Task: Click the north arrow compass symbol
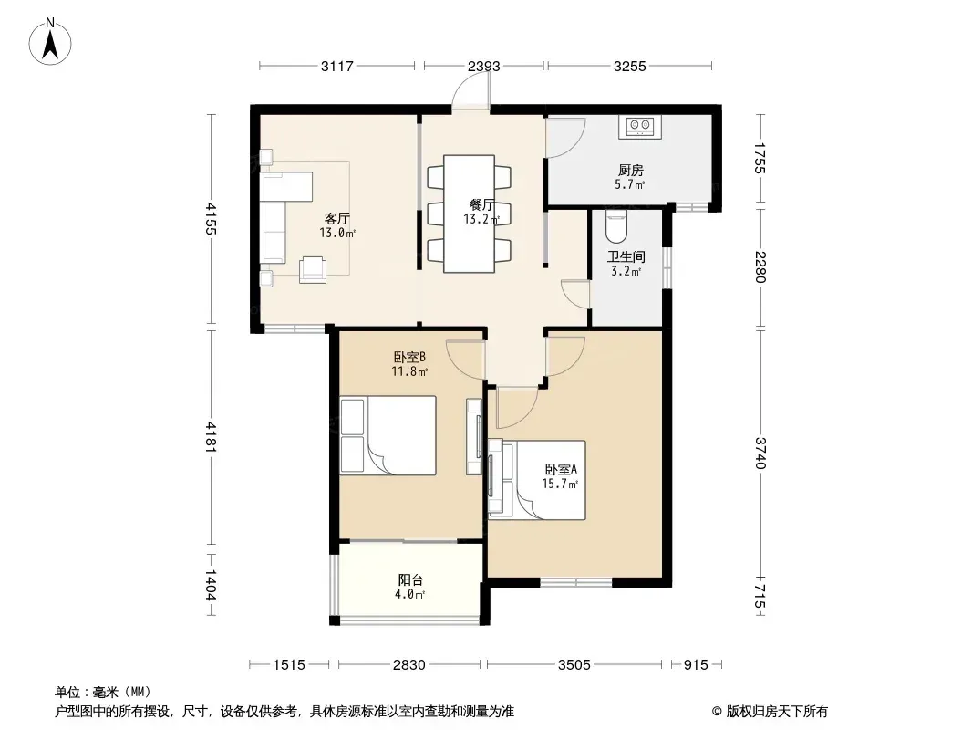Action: point(50,42)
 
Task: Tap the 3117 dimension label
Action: point(337,66)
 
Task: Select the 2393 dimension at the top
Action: point(484,66)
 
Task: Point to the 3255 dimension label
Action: point(630,66)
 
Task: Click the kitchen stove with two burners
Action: point(640,127)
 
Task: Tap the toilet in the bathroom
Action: point(616,226)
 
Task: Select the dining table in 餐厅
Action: point(470,214)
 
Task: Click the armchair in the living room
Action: point(313,270)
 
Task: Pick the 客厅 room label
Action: point(337,218)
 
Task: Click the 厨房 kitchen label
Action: point(630,170)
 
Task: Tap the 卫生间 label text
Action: point(626,256)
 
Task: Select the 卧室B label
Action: point(409,358)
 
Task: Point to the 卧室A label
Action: point(561,470)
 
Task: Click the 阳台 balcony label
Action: point(410,580)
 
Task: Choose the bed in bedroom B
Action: point(388,436)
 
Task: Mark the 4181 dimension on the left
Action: point(212,437)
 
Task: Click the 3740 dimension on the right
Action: point(760,454)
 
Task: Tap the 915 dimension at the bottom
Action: point(696,665)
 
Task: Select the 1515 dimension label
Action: point(289,665)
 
